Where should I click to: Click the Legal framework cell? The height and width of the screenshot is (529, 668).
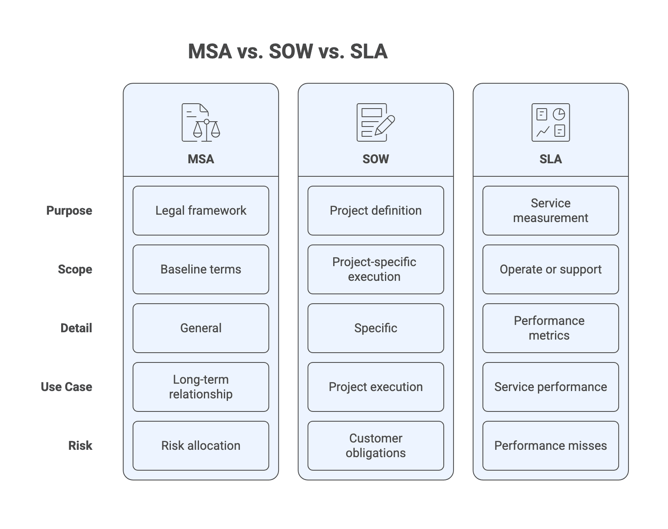coord(201,211)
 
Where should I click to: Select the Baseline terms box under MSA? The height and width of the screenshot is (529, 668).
coord(201,269)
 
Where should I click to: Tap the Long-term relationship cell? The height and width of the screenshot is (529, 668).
coord(201,387)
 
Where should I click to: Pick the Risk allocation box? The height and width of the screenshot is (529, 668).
coord(201,446)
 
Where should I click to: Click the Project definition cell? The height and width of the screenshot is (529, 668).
coord(376,211)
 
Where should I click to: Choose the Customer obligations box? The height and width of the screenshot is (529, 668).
coord(376,446)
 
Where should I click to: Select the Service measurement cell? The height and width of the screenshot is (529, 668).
coord(551,211)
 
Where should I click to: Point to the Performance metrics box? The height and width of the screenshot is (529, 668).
coord(551,328)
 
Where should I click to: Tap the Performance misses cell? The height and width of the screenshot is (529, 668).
coord(551,446)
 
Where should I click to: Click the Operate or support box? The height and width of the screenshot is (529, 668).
coord(551,269)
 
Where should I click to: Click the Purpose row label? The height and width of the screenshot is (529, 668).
coord(69,211)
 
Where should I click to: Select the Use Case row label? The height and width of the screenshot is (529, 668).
coord(66,387)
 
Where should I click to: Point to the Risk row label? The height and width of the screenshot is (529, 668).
coord(80,446)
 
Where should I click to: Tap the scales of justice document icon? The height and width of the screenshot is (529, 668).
coord(201,122)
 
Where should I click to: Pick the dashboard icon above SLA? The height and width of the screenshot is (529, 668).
coord(551,122)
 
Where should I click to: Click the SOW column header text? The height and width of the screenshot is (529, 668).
coord(376,159)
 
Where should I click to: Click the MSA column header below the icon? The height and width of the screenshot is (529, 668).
coord(201,159)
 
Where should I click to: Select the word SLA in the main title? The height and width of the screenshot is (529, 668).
coord(369,52)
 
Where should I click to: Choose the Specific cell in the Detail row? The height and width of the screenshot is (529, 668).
coord(376,328)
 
